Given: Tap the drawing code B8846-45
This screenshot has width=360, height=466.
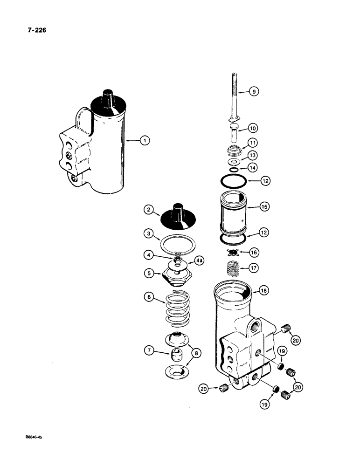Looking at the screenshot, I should click(32, 438).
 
